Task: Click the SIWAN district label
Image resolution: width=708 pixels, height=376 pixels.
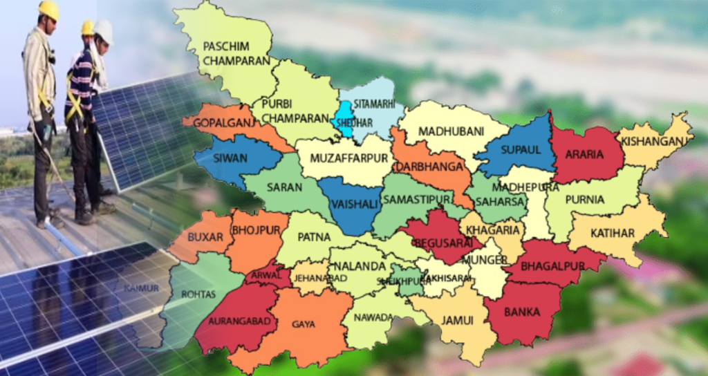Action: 231,158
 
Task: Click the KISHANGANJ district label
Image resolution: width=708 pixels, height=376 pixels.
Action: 655,141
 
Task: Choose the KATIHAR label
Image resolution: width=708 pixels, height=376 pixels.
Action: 611,233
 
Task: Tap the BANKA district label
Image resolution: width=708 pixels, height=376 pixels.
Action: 522,311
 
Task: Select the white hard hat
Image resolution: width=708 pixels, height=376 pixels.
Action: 103,30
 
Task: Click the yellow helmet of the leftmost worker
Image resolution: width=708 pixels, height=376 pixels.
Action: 48,10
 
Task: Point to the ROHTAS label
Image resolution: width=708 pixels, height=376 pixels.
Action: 198,294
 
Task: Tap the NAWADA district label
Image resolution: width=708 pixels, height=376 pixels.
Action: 373,318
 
